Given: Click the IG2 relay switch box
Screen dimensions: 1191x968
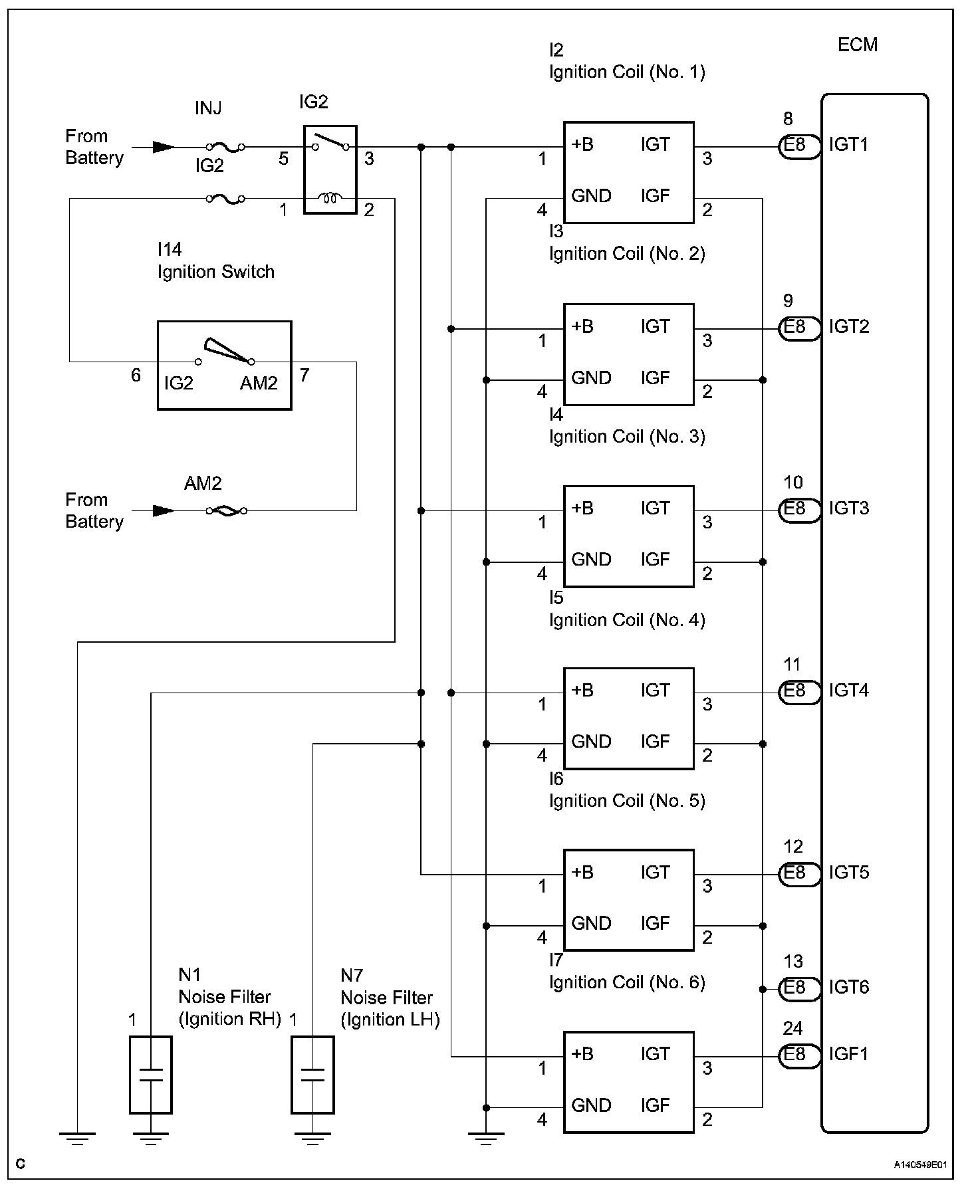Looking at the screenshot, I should click(x=330, y=169).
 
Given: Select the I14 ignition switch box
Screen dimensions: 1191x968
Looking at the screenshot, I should click(x=224, y=366).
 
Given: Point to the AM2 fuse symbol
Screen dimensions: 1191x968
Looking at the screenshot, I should click(x=226, y=510).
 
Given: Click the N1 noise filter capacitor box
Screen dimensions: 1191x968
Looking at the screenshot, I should click(x=151, y=1075).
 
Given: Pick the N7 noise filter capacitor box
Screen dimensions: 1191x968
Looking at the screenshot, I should click(x=312, y=1075).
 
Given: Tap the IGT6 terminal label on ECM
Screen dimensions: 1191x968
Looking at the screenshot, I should click(x=849, y=988).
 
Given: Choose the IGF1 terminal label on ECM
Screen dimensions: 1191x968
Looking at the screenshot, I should click(x=849, y=1055).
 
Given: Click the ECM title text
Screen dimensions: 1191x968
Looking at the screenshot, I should click(x=858, y=45).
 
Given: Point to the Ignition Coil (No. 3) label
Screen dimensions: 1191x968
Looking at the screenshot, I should click(x=627, y=437).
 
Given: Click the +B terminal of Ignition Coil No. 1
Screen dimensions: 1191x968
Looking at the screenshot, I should click(x=582, y=145).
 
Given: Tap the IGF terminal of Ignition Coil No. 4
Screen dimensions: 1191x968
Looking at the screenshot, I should click(x=655, y=742).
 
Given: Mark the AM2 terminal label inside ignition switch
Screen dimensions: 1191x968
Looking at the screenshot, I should click(x=259, y=383).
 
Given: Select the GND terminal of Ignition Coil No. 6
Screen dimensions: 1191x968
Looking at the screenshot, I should click(x=591, y=1105).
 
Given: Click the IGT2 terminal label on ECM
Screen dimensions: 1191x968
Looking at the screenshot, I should click(x=849, y=327).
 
